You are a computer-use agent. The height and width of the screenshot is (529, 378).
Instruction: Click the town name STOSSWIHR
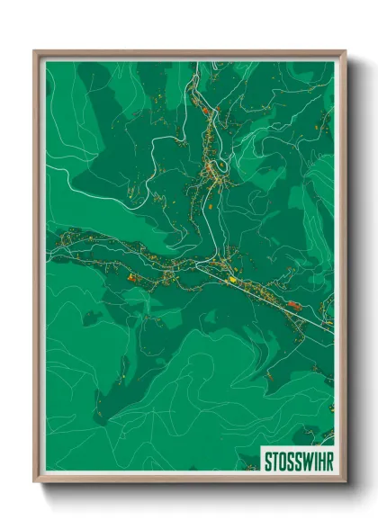pos(296,461)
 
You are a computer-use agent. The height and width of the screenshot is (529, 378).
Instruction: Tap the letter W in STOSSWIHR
pos(302,461)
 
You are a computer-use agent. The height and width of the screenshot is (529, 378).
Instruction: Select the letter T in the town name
pos(273,461)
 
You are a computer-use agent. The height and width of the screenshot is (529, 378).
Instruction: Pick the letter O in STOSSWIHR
pos(280,461)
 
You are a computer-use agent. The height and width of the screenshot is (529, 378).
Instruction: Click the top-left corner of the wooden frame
pos(35,51)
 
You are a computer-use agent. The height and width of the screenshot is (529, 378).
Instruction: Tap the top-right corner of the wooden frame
pos(345,51)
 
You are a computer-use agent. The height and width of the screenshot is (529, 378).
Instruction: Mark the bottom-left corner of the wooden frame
pos(35,481)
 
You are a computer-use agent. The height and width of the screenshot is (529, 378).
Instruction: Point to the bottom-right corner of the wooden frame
pos(345,481)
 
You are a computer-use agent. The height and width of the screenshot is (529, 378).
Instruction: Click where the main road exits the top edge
pos(192,62)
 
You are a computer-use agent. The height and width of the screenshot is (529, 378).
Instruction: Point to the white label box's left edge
pos(259,461)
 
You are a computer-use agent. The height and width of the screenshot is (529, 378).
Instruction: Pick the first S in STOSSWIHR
pos(266,461)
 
